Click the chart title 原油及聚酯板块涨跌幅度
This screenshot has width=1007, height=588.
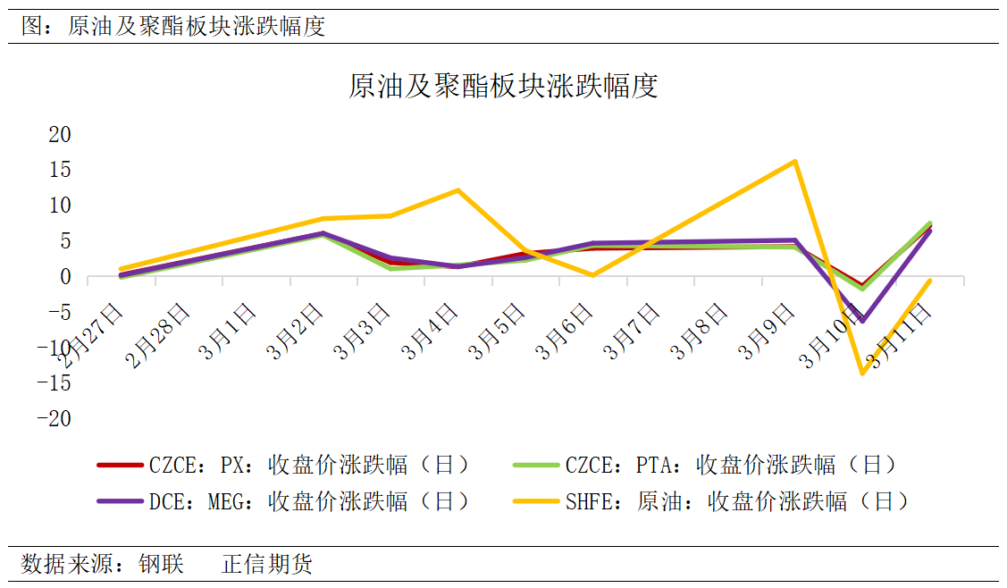coord(503,87)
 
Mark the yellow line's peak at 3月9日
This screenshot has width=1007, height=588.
coord(794,162)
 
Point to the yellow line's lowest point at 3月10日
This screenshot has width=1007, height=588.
coord(862,374)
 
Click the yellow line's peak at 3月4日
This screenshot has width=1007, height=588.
coord(457,190)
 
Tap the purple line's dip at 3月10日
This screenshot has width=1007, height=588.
coord(862,320)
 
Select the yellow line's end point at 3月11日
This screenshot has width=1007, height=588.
coord(930,281)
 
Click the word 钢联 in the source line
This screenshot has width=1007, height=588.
coord(161,565)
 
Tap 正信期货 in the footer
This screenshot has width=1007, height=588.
coord(267,565)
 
